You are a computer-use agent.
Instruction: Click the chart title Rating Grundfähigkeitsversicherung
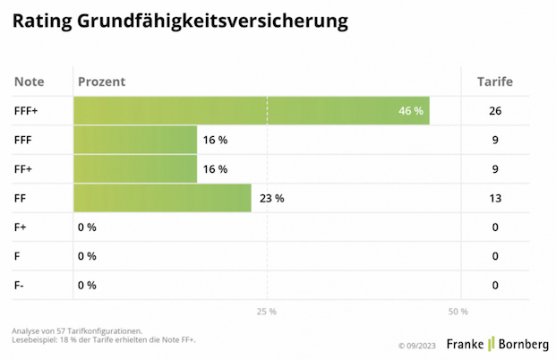180,21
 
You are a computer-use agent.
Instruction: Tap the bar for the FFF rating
134,140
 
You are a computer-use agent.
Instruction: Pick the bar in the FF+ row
134,169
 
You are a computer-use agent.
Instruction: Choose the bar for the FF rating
161,198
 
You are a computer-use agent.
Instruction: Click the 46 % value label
411,111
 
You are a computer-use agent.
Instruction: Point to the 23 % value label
271,198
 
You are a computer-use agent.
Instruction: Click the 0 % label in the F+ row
87,227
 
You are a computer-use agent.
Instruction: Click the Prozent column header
102,82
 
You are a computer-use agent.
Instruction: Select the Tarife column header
493,82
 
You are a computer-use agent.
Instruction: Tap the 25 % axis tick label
267,312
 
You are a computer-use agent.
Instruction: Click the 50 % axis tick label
458,312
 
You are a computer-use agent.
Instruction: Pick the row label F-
21,286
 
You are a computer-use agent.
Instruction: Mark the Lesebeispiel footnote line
104,340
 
